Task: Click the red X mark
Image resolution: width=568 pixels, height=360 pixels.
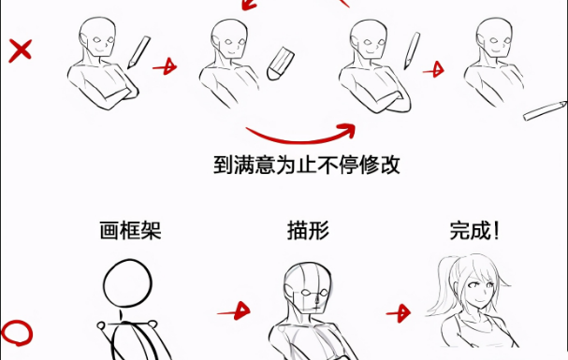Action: pos(20,50)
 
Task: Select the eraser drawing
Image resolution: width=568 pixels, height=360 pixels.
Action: pos(281,64)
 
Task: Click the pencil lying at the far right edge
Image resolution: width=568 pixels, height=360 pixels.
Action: pos(546,110)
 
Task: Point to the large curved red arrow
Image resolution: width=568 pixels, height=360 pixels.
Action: pos(300,139)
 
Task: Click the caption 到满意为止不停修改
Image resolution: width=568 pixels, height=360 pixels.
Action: pos(307,165)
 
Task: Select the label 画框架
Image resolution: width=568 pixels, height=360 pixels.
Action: pos(130,230)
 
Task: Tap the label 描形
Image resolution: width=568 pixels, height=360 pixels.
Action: pos(308,230)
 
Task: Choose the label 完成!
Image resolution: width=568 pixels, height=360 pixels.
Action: pos(474,230)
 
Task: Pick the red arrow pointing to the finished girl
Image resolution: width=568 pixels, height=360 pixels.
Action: pos(399,313)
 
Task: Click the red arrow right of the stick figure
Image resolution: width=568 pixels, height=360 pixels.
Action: pos(234,311)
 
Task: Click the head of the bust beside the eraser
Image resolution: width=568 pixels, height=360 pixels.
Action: pos(229,38)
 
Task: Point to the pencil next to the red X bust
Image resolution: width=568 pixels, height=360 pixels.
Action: pos(138,52)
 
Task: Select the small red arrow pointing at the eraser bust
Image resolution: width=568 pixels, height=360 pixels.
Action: pos(166,66)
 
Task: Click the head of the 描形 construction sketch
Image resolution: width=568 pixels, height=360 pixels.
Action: pos(308,288)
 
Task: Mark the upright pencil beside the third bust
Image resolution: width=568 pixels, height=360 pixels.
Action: pos(412,50)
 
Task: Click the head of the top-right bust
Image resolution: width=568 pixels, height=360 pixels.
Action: pos(494,37)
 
